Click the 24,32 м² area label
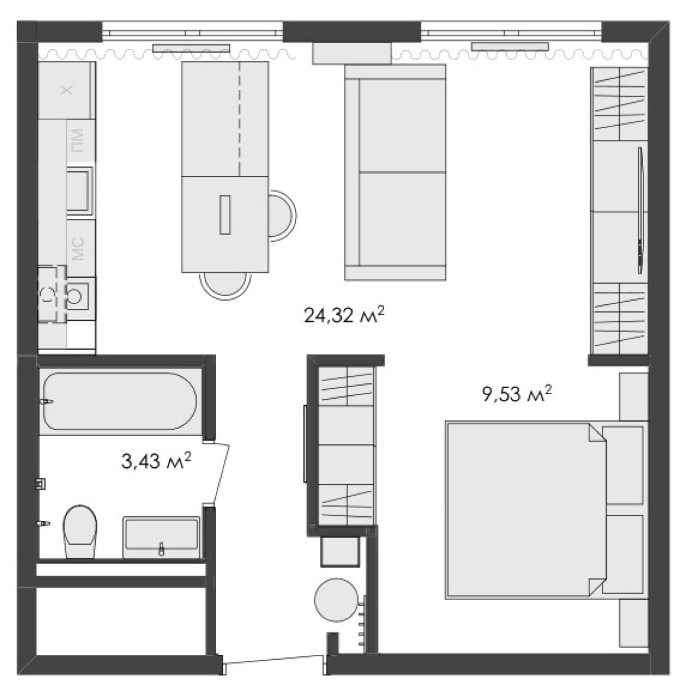coord(344,315)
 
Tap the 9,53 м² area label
coord(517,394)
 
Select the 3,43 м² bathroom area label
coord(156,461)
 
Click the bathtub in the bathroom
coord(119,401)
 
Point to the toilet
coord(80,531)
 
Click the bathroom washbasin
coord(161,537)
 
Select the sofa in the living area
coord(395,172)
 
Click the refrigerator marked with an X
coord(67,90)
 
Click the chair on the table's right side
coord(282,216)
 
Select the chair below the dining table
coord(225,285)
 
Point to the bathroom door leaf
coord(221,473)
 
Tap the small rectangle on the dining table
coord(225,214)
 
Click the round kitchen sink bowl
coord(75,295)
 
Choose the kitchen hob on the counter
coord(80,191)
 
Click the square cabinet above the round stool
coord(340,551)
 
